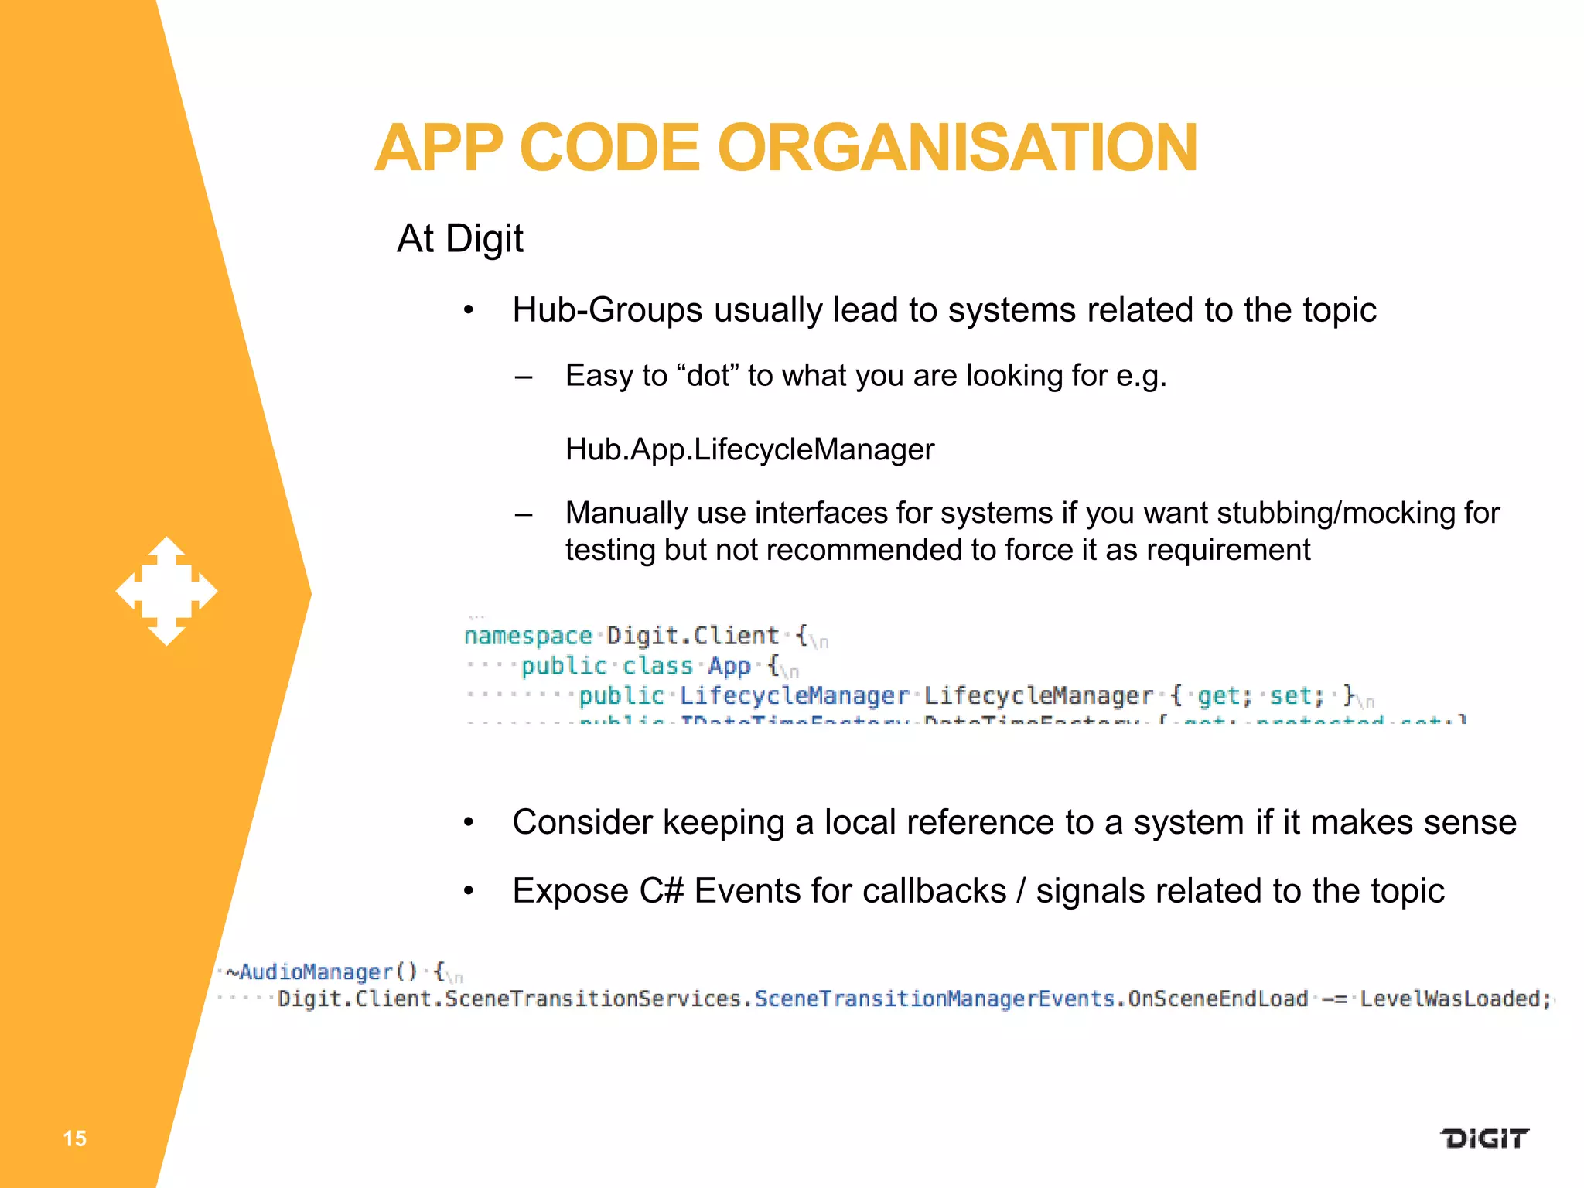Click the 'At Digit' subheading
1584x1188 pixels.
coord(459,238)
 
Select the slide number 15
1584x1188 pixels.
coord(74,1138)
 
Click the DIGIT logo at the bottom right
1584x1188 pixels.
coord(1483,1138)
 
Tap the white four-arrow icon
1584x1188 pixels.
coord(166,592)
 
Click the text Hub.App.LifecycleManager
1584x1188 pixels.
coord(749,449)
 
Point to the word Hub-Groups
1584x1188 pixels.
coord(607,310)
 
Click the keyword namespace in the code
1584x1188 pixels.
coord(527,636)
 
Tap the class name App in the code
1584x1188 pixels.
coord(729,666)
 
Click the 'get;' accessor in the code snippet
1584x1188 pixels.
coord(1224,696)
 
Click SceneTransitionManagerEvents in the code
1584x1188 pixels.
coord(935,999)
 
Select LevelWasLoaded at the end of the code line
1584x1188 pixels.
coord(1449,999)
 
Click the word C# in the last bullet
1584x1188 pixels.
coord(661,891)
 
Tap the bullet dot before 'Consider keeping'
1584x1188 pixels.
coord(468,823)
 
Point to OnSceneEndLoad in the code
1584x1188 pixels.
coord(1217,999)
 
